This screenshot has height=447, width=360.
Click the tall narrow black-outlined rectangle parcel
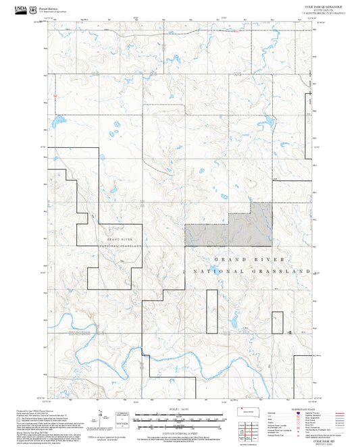(211, 311)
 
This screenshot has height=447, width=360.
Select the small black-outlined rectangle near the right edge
(278, 322)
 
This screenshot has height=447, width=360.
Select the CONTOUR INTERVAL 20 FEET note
(180, 430)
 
